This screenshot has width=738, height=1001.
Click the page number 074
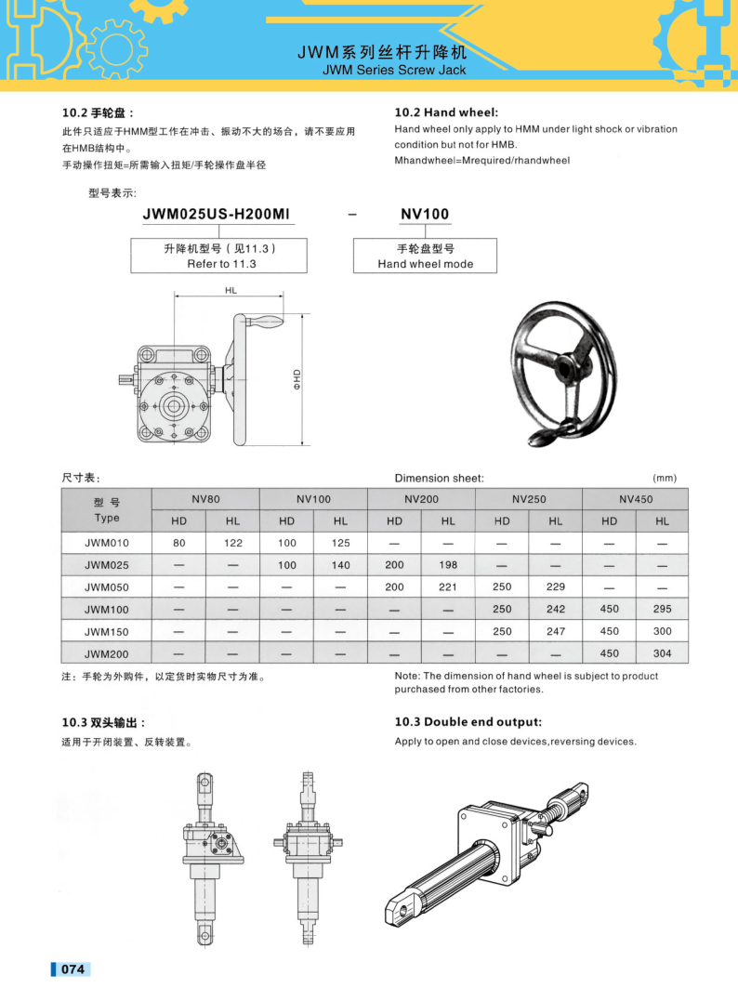pos(72,969)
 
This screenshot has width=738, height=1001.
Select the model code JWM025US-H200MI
pos(217,215)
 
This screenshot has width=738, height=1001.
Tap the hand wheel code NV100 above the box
pos(425,215)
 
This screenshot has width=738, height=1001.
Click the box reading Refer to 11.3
pos(219,256)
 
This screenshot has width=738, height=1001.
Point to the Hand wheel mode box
pos(425,256)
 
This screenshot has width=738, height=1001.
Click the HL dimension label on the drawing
pos(231,291)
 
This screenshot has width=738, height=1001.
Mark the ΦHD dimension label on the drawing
pos(297,378)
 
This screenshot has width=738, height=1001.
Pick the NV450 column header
pos(636,499)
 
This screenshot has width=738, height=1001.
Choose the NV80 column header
pos(205,499)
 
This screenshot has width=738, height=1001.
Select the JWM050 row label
pos(107,587)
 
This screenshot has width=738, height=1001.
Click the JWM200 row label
pos(107,654)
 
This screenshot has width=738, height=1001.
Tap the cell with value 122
pos(232,543)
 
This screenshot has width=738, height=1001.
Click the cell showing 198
pos(448,565)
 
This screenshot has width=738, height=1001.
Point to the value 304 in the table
pos(662,654)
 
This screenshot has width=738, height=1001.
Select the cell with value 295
pos(662,610)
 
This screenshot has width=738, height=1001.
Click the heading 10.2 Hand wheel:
pos(453,112)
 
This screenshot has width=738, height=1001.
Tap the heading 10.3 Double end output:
pos(468,722)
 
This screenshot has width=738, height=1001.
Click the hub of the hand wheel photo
pos(564,368)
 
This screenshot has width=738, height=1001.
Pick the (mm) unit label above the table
pos(665,478)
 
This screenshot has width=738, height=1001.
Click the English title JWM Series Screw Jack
pos(394,70)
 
